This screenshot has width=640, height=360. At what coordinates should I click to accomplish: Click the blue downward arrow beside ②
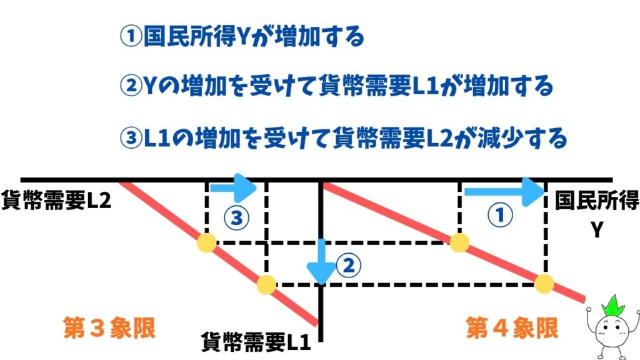tap(322, 262)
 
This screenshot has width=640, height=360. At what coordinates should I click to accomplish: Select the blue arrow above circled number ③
tap(232, 187)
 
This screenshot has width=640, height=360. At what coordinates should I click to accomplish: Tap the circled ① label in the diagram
tap(501, 215)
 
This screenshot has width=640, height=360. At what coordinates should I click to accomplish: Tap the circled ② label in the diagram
tap(349, 266)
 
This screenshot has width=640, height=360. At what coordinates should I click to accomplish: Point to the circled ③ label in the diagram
tap(236, 217)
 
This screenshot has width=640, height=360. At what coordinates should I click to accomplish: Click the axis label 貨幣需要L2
tap(56, 201)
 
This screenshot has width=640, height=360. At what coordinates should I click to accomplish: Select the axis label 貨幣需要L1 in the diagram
tap(256, 342)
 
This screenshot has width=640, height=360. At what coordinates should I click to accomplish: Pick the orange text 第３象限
tap(109, 328)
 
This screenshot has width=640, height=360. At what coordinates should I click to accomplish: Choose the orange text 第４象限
tap(512, 328)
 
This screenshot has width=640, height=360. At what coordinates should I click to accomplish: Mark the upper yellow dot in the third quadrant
tap(207, 243)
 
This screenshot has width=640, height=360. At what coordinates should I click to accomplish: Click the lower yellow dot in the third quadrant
tap(266, 284)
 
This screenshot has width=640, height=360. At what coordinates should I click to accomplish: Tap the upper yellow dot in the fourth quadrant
tap(459, 243)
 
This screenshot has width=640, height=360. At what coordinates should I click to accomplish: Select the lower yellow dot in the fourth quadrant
tap(544, 284)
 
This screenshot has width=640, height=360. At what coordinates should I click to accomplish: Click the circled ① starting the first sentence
tap(131, 36)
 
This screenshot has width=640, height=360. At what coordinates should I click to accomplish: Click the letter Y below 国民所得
tap(597, 230)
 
